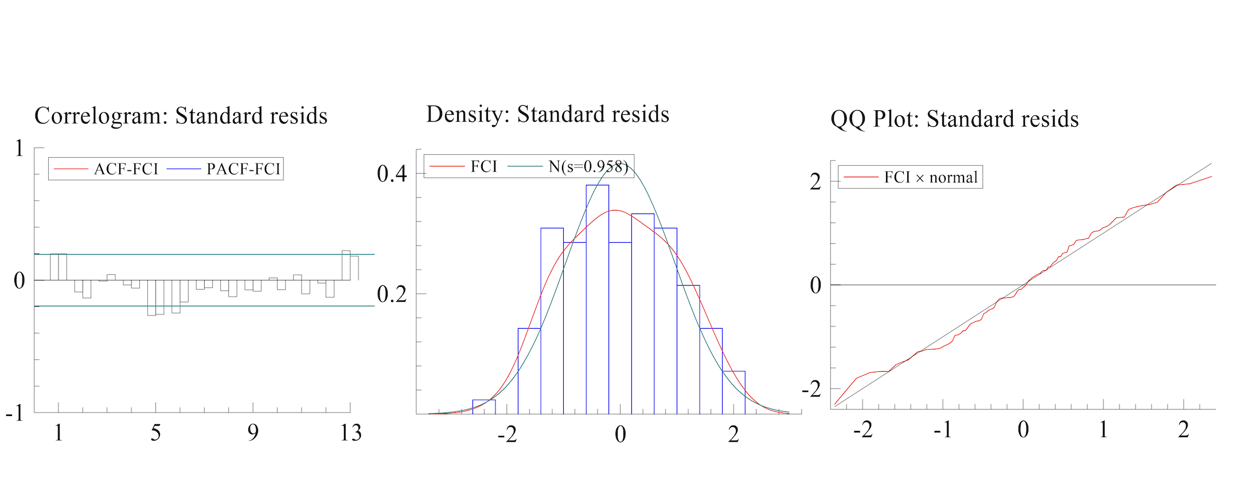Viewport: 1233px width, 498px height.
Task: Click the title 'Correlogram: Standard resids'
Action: click(181, 116)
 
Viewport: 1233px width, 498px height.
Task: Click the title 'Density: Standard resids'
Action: click(548, 114)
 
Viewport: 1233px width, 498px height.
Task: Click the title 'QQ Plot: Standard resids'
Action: click(954, 119)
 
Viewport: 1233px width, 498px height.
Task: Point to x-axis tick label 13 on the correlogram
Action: click(350, 433)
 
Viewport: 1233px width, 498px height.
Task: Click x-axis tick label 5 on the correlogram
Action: click(155, 433)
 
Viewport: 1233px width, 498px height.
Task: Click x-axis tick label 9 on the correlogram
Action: click(253, 433)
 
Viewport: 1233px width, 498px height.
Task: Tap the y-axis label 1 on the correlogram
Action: click(19, 149)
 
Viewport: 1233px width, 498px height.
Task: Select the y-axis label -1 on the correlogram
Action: click(15, 413)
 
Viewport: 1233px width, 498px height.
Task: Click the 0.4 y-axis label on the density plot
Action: click(392, 173)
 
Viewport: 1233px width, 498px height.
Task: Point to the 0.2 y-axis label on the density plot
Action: click(392, 294)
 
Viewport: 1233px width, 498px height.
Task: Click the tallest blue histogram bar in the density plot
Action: click(597, 298)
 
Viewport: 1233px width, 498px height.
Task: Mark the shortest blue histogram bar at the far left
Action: click(483, 407)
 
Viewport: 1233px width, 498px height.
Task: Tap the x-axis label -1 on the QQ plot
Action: click(943, 430)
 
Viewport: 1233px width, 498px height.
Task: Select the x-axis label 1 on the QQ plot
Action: click(1103, 430)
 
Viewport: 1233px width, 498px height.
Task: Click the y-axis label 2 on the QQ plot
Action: click(816, 182)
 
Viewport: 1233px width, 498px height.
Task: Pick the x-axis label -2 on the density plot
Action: click(507, 435)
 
